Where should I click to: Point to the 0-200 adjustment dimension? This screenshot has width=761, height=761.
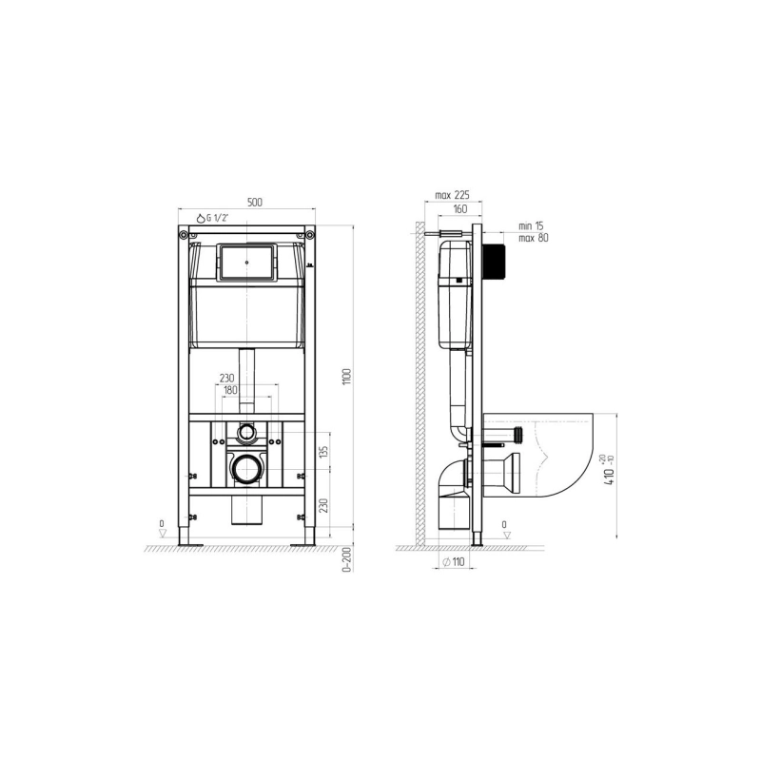(x=348, y=559)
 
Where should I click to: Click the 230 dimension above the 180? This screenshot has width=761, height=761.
(x=227, y=378)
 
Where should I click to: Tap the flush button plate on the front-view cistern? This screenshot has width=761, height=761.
(x=246, y=262)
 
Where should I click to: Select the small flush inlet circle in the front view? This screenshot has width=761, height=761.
(x=246, y=432)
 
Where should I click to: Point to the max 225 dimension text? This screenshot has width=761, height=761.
(x=453, y=195)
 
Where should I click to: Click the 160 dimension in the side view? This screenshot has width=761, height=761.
(x=459, y=209)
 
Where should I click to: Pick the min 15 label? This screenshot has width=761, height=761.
(x=531, y=225)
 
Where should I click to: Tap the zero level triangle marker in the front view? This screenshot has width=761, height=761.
(x=163, y=534)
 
